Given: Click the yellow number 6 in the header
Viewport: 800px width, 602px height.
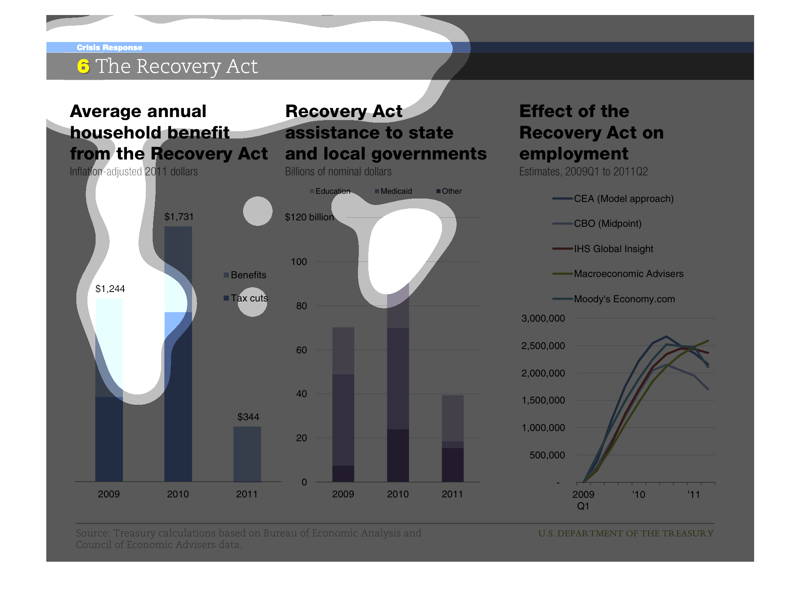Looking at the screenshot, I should (83, 66).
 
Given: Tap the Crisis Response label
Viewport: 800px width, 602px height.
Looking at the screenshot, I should (109, 48).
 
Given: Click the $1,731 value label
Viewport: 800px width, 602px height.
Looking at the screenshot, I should (179, 217).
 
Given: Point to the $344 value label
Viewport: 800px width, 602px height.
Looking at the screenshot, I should (248, 417).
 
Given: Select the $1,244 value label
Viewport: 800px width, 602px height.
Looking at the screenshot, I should (110, 289).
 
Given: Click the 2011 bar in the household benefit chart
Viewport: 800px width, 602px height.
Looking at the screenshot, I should (247, 454).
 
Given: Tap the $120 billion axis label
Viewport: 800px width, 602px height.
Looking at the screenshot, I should (309, 217).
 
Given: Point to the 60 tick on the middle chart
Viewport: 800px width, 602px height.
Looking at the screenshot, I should (301, 350).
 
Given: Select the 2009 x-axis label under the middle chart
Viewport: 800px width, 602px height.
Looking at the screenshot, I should (343, 494).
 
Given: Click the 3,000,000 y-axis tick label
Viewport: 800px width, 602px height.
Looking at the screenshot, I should (543, 319).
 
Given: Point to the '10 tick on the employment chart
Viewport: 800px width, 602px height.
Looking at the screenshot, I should (638, 495).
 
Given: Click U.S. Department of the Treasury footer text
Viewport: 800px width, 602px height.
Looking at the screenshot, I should (626, 533).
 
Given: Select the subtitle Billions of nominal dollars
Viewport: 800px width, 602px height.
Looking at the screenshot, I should (338, 172).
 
